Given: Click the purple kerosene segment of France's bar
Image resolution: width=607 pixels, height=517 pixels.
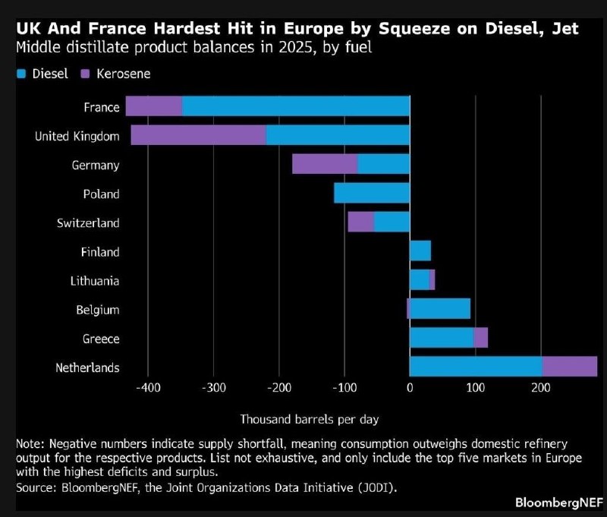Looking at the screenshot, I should (154, 106).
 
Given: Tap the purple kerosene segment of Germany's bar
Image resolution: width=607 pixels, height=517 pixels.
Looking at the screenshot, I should (325, 164).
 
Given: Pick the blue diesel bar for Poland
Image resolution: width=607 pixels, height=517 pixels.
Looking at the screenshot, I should (372, 194).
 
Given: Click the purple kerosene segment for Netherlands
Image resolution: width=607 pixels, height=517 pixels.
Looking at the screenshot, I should (570, 367).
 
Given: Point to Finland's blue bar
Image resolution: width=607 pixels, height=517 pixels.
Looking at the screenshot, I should (420, 251).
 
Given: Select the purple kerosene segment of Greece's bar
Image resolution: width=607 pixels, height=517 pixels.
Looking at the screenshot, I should (480, 339).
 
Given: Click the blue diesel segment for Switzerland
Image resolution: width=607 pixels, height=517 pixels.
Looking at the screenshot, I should (392, 222).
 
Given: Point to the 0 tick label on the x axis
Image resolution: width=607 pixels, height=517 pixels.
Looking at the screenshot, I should (410, 389).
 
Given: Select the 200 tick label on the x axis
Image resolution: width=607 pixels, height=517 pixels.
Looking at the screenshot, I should (541, 389).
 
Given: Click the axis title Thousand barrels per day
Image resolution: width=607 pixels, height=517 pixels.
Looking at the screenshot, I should (310, 419).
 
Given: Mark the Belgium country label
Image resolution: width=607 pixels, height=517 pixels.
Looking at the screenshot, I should (98, 310).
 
